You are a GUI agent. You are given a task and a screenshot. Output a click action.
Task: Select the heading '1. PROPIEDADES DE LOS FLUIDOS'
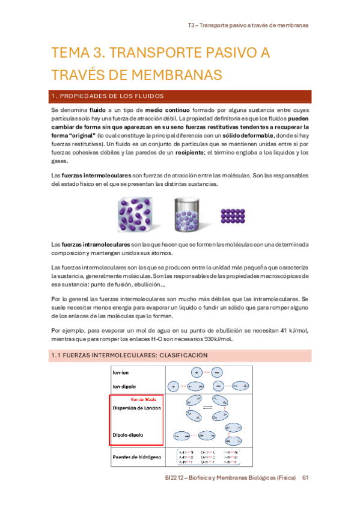point(108,96)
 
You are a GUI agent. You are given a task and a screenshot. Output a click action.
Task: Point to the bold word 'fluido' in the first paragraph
point(97,111)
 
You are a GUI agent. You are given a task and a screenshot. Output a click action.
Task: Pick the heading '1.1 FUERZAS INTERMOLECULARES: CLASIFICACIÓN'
point(130,355)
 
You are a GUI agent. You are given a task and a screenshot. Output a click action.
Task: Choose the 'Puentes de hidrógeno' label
point(138,457)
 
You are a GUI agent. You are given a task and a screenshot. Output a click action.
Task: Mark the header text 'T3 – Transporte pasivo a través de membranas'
point(248,26)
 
